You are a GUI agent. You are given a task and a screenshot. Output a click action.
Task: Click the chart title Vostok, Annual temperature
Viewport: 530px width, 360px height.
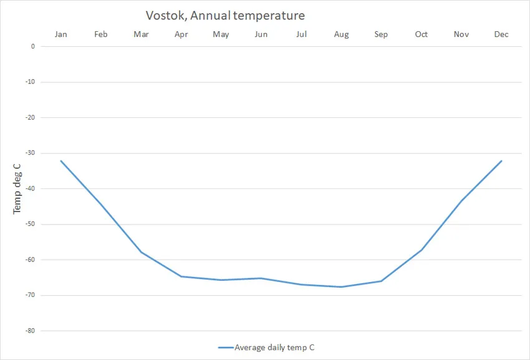coord(225,15)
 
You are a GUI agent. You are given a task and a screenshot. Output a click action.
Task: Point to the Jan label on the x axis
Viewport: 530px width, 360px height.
coord(61,34)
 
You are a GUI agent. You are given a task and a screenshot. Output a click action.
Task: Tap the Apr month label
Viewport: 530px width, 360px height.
coord(181,34)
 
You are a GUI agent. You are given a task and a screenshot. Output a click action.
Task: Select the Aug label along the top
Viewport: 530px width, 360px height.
coord(341,34)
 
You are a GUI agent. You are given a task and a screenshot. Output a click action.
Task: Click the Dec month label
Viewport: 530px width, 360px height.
coord(501,34)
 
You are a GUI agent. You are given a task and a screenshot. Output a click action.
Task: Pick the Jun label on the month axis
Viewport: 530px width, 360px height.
coord(261,34)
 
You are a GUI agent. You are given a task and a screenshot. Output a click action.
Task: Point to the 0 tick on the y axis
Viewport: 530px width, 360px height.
coord(33,46)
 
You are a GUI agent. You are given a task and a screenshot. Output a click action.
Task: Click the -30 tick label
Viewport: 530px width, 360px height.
coord(30,153)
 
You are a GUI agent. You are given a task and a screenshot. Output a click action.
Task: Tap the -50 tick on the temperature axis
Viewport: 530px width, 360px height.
coord(30,224)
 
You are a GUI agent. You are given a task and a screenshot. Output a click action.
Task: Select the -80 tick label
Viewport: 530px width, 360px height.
coord(30,331)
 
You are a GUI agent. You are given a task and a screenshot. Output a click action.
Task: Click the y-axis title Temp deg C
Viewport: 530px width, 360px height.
coord(17,188)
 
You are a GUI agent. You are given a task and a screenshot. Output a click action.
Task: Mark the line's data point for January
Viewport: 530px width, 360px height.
coord(61,161)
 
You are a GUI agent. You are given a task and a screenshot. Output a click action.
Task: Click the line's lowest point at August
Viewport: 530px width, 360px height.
coord(341,287)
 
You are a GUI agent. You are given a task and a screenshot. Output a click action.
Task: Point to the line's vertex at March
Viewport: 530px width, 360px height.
coord(141,252)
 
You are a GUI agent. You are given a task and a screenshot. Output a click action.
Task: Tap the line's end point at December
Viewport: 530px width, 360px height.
coord(501,161)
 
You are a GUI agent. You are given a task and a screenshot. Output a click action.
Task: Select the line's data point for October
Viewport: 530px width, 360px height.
coord(422,250)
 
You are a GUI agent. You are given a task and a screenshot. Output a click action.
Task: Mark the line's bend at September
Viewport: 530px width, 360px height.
coord(381,281)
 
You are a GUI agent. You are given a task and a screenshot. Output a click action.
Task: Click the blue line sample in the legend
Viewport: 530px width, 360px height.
coord(226,348)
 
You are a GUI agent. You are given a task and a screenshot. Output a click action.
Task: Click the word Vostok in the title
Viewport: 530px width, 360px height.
coord(165,15)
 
